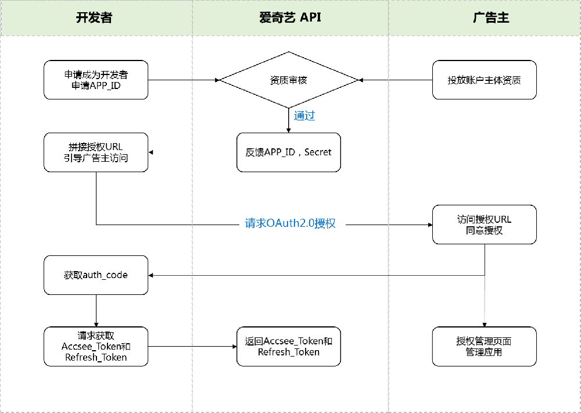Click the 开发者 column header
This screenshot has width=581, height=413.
pos(96,17)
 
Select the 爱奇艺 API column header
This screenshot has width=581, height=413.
pos(290,17)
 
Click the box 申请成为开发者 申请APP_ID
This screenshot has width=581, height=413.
pos(96,80)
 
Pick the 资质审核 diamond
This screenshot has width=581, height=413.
pos(289,80)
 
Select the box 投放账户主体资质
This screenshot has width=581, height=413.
pos(484,80)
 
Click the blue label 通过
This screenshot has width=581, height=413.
pos(304,115)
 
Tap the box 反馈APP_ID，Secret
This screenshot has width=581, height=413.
pos(289,152)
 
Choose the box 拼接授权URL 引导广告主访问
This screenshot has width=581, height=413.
pos(96,152)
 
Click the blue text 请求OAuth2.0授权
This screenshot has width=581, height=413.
pos(290,223)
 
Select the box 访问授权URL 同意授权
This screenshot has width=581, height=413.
pos(484,225)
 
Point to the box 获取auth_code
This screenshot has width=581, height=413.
pos(96,275)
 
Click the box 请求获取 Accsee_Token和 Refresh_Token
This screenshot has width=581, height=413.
pos(96,347)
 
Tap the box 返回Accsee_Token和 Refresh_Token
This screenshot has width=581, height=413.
pos(289,347)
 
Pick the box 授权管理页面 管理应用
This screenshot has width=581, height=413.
pos(484,347)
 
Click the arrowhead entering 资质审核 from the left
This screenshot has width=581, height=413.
pos(217,80)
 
